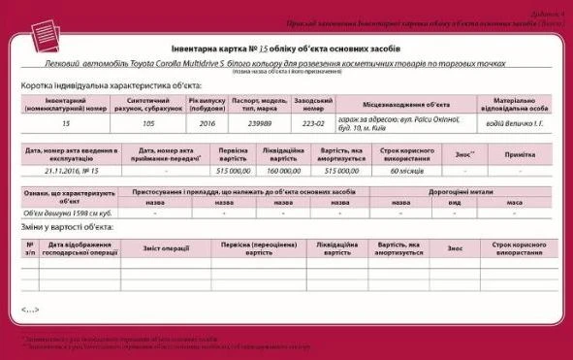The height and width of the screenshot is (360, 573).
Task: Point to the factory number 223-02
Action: (x=311, y=124)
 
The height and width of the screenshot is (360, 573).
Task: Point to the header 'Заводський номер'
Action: (x=311, y=102)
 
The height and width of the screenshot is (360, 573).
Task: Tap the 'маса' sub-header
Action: (x=514, y=202)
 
